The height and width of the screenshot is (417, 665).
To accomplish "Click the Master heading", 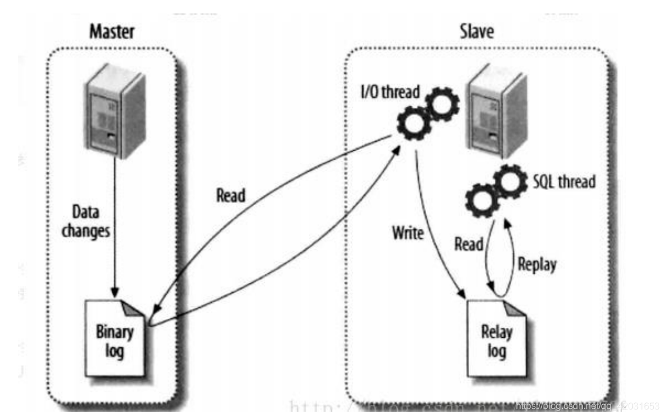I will [x=111, y=32].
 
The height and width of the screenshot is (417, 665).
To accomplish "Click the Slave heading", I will [x=475, y=32].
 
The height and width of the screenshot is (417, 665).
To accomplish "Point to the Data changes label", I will [x=91, y=220].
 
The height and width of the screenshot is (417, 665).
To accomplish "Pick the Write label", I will [x=407, y=233].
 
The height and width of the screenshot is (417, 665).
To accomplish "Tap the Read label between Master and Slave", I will [x=230, y=195].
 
